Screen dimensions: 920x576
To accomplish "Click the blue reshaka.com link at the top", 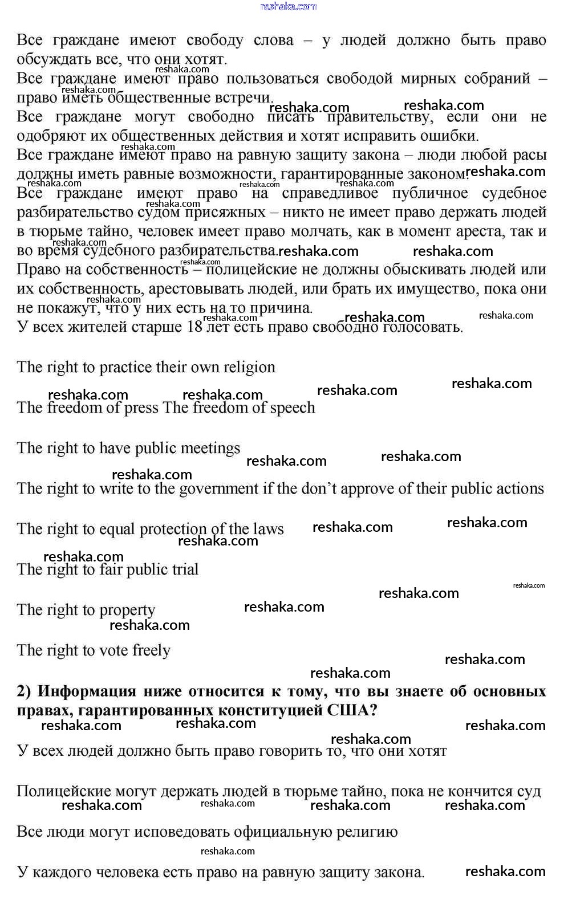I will [x=288, y=6].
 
